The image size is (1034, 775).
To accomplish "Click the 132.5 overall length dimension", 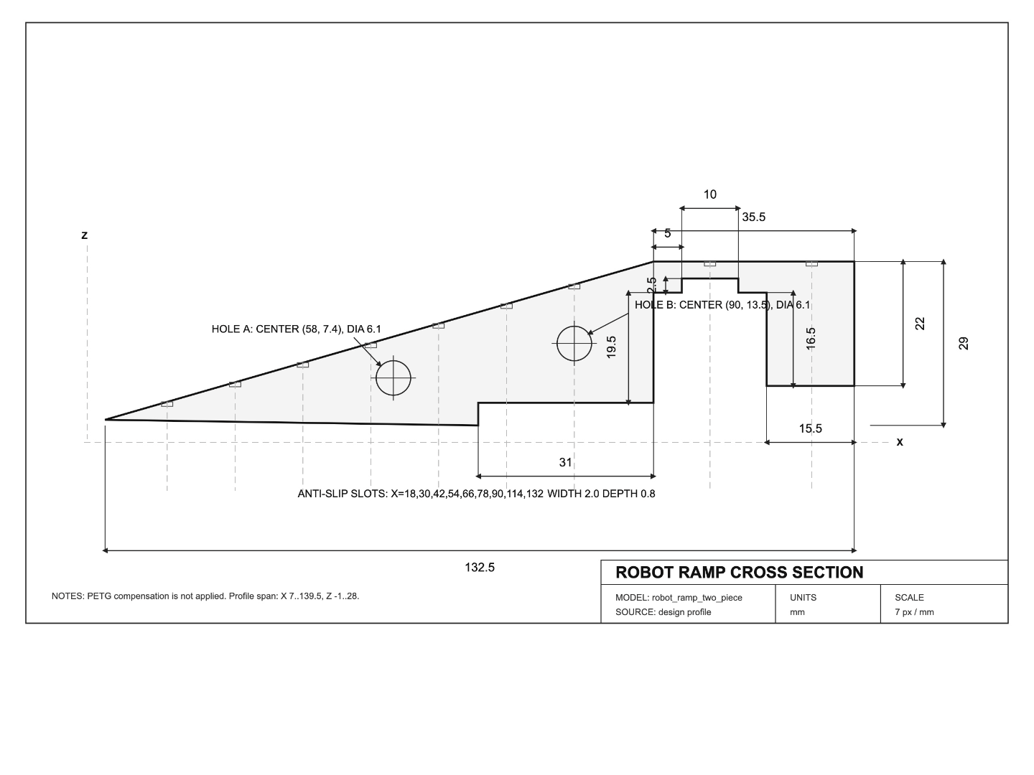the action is pyautogui.click(x=480, y=568).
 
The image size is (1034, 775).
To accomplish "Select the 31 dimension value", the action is pyautogui.click(x=565, y=463).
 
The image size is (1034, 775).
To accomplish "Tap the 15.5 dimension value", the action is pyautogui.click(x=810, y=428).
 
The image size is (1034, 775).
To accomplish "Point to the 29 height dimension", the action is pyautogui.click(x=964, y=343).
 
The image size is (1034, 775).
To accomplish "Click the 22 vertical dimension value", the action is pyautogui.click(x=920, y=324).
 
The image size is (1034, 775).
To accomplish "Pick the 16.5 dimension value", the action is pyautogui.click(x=810, y=339).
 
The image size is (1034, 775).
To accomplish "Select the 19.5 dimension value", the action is pyautogui.click(x=611, y=347).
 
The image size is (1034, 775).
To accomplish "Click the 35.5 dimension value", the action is pyautogui.click(x=754, y=217).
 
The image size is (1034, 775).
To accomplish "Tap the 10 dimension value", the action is pyautogui.click(x=710, y=194).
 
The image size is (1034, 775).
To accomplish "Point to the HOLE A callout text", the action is pyautogui.click(x=297, y=329).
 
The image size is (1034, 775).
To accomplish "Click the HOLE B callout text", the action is pyautogui.click(x=722, y=305).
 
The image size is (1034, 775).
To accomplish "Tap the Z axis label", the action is pyautogui.click(x=84, y=235).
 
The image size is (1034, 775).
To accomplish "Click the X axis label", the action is pyautogui.click(x=900, y=442).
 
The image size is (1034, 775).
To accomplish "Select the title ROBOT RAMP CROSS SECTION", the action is pyautogui.click(x=740, y=572).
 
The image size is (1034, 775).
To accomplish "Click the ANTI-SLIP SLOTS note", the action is pyautogui.click(x=476, y=494).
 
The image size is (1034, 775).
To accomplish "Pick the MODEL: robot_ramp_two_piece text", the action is pyautogui.click(x=679, y=598).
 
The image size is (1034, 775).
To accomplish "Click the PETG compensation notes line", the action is pyautogui.click(x=205, y=596).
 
